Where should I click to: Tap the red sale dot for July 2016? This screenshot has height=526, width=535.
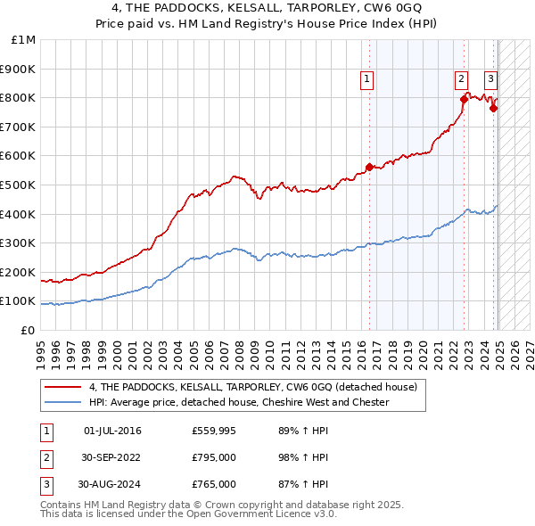[369, 167]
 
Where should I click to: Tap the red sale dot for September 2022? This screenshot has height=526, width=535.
[464, 98]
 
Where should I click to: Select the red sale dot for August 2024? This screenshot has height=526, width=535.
[493, 108]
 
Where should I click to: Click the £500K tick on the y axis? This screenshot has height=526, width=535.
[20, 185]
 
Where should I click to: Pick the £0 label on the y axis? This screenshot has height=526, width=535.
[28, 330]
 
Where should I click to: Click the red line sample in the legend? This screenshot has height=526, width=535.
[62, 387]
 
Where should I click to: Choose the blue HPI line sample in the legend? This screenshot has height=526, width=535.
[62, 402]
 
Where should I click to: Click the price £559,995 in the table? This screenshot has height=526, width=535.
[214, 431]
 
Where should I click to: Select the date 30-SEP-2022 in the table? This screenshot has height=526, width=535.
[111, 458]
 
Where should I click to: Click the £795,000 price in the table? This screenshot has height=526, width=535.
[214, 458]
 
